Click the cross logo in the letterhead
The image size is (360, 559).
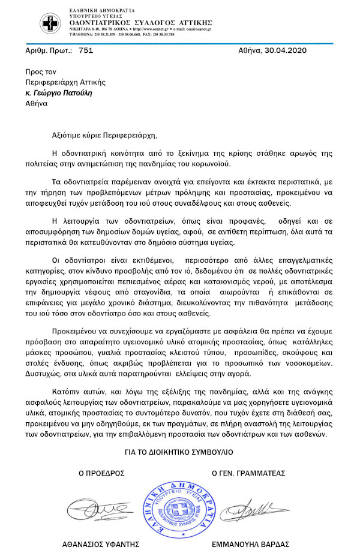pos(50,24)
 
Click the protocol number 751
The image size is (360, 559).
pos(86,51)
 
